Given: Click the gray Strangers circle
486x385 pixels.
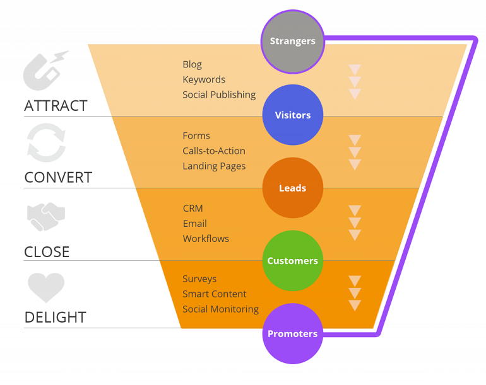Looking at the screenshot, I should (x=292, y=42).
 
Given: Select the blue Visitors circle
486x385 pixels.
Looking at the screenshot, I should (x=293, y=115).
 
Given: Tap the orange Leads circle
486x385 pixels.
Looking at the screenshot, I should (x=292, y=188).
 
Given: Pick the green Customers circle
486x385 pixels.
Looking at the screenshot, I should (x=292, y=261).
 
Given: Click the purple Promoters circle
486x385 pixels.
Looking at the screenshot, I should (x=292, y=334).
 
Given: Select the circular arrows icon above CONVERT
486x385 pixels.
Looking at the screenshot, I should (x=46, y=143).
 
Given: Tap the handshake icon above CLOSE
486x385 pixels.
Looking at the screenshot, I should (x=46, y=215).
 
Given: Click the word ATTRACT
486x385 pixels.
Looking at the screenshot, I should (x=56, y=106).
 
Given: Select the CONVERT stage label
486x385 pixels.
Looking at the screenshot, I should (x=58, y=178).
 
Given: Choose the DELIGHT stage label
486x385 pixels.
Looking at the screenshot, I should (x=55, y=318).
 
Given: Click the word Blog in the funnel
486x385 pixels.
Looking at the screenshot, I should (x=192, y=64).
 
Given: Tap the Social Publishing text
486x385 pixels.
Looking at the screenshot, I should (x=219, y=95).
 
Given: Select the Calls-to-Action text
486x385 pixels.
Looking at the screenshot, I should (x=214, y=151).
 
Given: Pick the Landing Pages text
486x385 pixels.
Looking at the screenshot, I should (x=214, y=166).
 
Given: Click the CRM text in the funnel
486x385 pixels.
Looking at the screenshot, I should (x=193, y=208).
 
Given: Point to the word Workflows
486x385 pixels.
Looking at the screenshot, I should (x=206, y=238).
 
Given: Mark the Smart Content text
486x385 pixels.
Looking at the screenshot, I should (x=215, y=294).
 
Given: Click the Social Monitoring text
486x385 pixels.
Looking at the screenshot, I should (x=220, y=309).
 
